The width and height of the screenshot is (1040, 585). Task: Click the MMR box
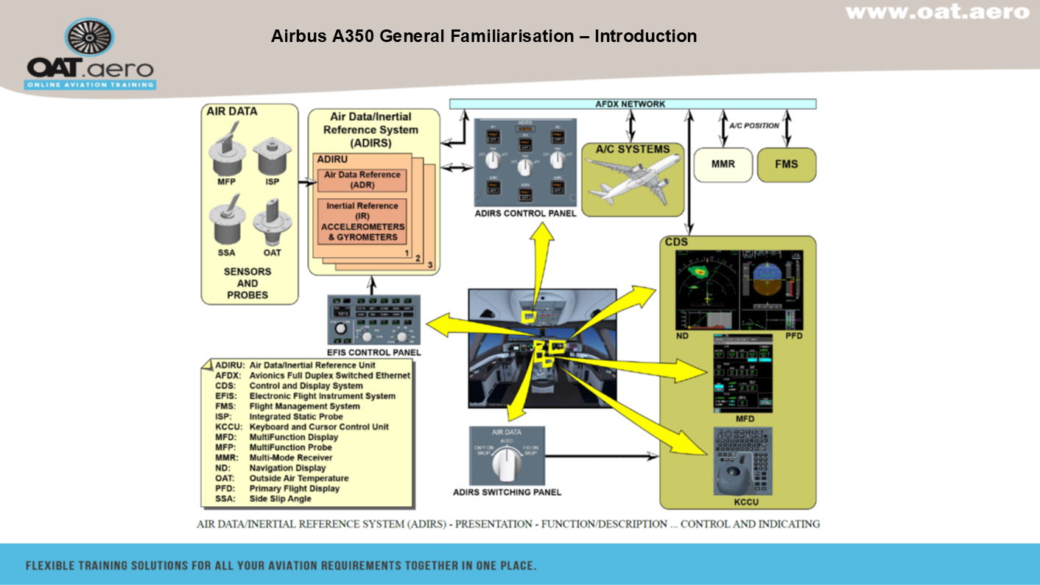pos(723,164)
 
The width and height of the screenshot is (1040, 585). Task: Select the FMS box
pos(786,164)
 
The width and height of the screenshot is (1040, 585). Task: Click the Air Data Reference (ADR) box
pos(362,180)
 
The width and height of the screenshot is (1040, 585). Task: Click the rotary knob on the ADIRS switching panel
pos(506,462)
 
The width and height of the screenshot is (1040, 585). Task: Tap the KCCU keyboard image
pos(742,461)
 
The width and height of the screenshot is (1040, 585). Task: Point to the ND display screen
pos(706,290)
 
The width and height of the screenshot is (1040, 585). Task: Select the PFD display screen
pos(771,290)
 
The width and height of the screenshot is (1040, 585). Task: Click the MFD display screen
pos(742,374)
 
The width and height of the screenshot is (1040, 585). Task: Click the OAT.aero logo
pos(90,55)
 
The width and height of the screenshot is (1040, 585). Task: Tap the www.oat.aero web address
pos(936,12)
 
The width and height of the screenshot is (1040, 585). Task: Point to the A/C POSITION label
pos(754,125)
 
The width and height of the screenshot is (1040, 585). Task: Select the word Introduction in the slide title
pos(645,36)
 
